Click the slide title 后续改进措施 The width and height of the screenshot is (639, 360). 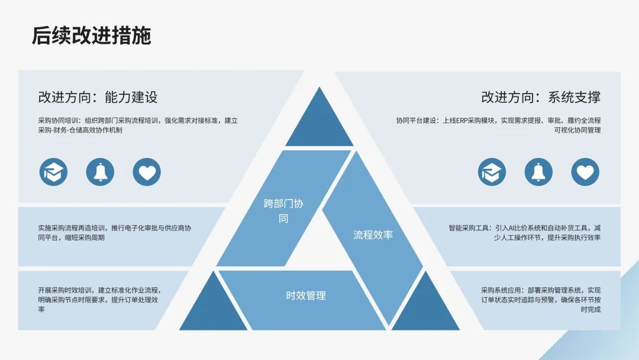92,36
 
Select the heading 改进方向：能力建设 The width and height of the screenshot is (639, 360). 98,97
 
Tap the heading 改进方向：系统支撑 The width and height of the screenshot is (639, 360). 541,97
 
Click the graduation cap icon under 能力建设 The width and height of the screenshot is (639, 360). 54,172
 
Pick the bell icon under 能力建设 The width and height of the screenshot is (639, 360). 100,172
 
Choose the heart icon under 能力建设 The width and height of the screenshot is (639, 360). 147,172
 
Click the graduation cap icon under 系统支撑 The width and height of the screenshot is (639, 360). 492,172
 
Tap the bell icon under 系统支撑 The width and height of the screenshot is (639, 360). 538,172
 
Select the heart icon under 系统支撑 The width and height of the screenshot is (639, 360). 585,172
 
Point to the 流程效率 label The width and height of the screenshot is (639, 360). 373,234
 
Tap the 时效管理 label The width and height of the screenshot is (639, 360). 306,295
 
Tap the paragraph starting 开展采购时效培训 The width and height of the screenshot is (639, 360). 99,300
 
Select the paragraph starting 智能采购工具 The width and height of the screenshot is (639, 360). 525,233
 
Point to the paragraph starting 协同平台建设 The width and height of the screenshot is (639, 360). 499,125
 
